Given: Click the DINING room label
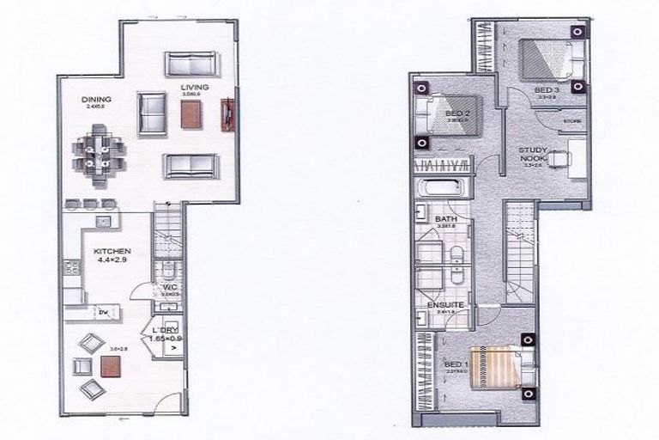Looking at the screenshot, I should click(x=97, y=100).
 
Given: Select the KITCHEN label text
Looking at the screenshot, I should click(x=112, y=251).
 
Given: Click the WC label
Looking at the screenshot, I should click(x=169, y=286).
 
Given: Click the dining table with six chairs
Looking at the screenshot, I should click(x=98, y=153).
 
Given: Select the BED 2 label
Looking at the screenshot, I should click(x=457, y=113).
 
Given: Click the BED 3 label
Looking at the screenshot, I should click(x=547, y=90).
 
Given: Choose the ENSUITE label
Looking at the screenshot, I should click(x=445, y=305).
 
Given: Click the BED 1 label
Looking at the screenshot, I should click(x=456, y=364).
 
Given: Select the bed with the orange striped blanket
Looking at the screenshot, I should click(x=496, y=368).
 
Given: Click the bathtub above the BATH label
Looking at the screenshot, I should click(x=441, y=191).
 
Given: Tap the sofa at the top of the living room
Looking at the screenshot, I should click(x=191, y=63).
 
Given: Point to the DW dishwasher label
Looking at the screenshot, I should click(x=102, y=312).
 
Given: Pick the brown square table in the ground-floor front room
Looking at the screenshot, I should click(x=111, y=367).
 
